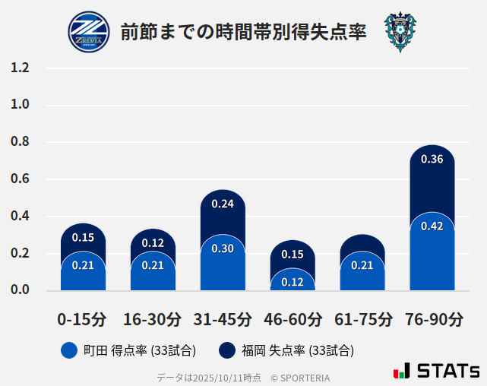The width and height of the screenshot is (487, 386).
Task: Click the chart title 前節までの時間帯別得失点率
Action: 243,32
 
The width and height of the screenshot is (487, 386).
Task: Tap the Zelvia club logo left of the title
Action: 90,32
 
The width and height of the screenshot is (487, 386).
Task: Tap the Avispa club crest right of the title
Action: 400,32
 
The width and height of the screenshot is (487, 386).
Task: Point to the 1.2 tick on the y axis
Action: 20,68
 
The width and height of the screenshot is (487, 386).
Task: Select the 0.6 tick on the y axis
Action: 20,179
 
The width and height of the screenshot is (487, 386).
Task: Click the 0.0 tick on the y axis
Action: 20,290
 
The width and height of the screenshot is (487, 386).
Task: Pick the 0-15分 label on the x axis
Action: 83,319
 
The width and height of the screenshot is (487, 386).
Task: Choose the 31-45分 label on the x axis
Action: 223,319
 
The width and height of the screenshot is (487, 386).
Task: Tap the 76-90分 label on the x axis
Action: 432,319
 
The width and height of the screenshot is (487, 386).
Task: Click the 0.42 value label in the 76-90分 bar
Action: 432,226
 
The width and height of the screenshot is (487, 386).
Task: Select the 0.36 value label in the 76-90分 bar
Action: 432,160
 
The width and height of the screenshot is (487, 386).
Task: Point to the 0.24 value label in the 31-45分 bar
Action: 223,204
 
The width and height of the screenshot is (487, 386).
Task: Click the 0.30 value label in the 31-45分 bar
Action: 223,248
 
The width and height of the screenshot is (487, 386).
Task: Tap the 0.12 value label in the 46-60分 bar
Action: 293,282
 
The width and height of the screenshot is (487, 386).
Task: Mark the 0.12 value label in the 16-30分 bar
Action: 153,243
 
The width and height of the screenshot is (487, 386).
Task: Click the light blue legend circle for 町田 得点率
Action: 70,350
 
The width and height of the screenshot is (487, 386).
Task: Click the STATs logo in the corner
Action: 436,371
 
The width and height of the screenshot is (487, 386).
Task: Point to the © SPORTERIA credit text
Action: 300,378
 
